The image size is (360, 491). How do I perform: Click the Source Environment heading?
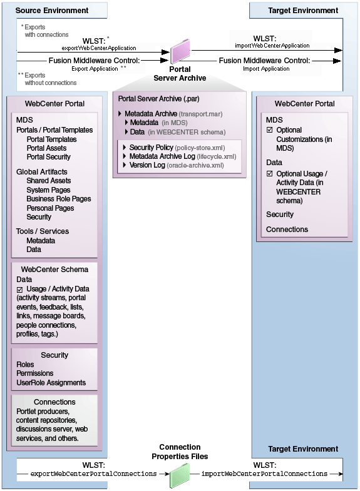[51, 11]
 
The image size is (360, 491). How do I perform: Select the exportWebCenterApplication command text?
[99, 48]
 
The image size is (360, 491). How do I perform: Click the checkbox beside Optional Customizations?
[270, 130]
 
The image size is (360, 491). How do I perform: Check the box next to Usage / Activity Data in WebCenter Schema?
[20, 290]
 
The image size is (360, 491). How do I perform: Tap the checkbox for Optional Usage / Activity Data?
[270, 174]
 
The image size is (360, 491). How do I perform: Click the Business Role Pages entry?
[59, 199]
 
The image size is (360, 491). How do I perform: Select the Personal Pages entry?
[50, 208]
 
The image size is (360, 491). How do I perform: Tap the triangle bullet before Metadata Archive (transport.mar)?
[120, 114]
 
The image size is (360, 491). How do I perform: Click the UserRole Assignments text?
[51, 382]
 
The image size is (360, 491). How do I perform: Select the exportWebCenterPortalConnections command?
[94, 474]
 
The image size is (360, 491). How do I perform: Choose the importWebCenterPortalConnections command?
[264, 474]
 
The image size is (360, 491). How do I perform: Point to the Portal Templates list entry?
[51, 139]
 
